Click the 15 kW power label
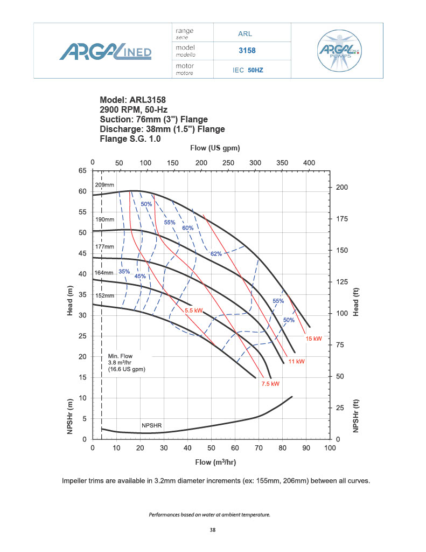pos(313,339)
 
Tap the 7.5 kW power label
pos(270,384)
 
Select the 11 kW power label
pos(297,361)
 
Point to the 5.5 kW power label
pos(193,310)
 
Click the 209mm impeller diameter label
pos(104,185)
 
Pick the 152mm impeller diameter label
pos(104,296)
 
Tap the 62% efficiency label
pos(215,253)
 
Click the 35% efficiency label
pos(124,271)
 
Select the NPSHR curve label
pos(151,425)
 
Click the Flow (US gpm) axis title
pos(215,148)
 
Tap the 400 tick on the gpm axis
pos(309,162)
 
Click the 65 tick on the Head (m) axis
pos(83,171)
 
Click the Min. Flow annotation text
pos(127,363)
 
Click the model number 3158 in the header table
pos(247,51)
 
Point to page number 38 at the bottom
pos(213,530)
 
